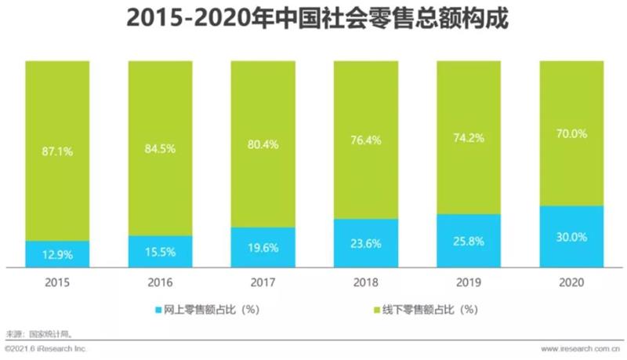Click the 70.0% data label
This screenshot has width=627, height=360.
[x=571, y=134]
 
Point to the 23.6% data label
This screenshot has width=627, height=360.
[x=366, y=243]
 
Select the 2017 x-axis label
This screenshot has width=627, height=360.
[x=263, y=281]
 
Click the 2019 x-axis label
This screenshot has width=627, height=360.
[x=469, y=281]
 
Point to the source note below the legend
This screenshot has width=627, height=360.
[x=39, y=333]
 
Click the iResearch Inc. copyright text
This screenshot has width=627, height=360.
[x=45, y=347]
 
